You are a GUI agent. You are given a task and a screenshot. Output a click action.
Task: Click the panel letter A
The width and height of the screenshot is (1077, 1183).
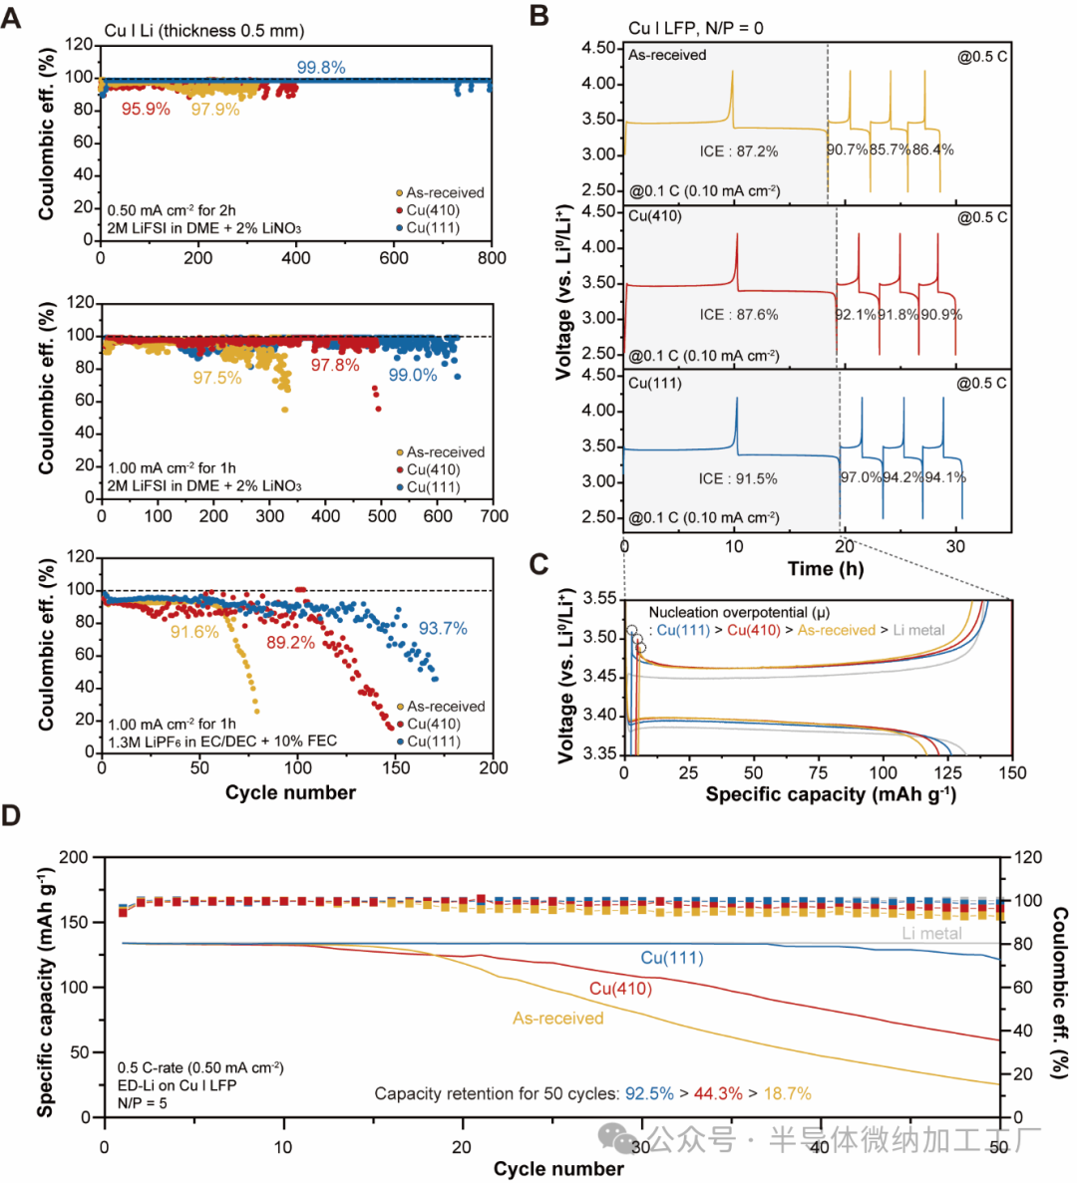point(11,17)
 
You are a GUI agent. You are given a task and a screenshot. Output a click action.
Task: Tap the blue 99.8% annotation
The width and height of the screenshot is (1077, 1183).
point(321,68)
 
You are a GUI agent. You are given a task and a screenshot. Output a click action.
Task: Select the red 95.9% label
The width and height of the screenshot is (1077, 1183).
point(146,109)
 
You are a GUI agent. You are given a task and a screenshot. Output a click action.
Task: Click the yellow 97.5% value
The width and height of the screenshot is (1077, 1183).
point(217,379)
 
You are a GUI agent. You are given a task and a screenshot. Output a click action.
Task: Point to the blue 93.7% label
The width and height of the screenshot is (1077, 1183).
point(443,629)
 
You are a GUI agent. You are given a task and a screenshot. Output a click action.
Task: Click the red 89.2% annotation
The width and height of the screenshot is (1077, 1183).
point(290,643)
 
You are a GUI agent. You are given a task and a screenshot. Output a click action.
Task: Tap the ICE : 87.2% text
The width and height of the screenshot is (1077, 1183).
point(739,151)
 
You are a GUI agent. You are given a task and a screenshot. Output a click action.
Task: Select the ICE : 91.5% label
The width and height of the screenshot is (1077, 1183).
point(739,478)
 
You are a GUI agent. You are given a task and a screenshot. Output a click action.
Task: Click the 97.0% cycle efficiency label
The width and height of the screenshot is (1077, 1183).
point(861,477)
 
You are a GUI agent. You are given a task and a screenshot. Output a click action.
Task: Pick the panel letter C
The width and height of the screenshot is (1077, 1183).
point(538,565)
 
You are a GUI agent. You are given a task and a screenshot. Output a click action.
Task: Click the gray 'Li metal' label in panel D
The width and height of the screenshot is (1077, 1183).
point(932,934)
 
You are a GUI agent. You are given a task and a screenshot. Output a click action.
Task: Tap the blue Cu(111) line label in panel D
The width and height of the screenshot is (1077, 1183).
point(672,958)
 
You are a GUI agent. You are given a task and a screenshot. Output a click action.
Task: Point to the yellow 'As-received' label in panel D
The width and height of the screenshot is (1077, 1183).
point(558,1019)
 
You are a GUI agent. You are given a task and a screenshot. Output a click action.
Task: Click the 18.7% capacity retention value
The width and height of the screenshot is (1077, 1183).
point(788,1094)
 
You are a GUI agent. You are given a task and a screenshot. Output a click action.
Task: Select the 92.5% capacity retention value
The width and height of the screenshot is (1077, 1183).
point(649,1094)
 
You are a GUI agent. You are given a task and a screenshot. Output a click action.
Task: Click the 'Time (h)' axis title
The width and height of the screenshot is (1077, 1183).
point(826,569)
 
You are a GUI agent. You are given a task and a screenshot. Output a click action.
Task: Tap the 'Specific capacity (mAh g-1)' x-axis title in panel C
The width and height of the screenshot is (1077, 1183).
point(831,794)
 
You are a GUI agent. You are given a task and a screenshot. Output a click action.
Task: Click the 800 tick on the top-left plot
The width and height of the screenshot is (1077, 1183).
point(492,258)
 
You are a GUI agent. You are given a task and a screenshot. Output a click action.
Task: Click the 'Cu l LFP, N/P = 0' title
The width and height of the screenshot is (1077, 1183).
point(696,28)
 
